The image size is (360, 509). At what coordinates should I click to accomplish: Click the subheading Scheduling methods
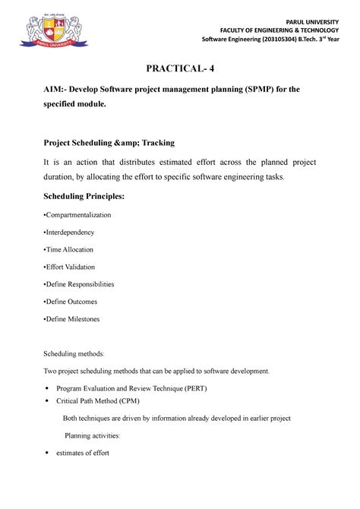point(77,354)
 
